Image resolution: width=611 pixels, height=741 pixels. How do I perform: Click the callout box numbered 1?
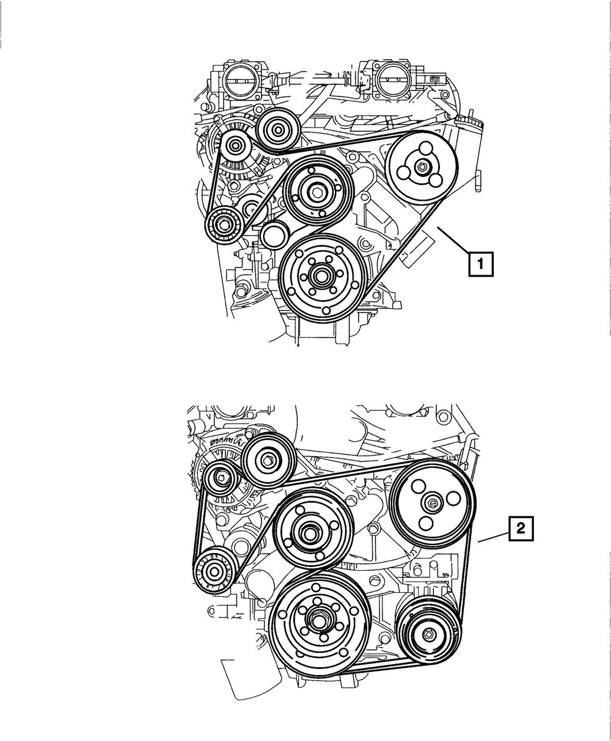[481, 264]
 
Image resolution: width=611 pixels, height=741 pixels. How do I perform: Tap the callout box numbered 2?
[521, 529]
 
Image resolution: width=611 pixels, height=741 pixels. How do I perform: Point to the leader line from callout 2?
[494, 538]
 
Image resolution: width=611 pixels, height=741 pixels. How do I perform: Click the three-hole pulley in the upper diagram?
[422, 167]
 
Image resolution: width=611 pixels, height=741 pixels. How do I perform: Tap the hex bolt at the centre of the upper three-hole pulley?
[422, 167]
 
